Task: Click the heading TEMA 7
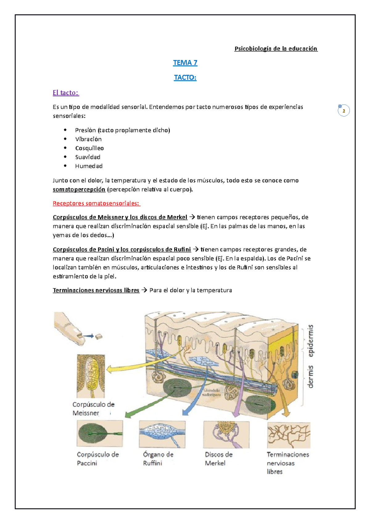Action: click(x=185, y=63)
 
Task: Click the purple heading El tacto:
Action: click(x=66, y=93)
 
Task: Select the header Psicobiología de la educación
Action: click(x=276, y=48)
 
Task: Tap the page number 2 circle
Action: click(x=343, y=111)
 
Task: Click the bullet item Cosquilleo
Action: click(x=89, y=148)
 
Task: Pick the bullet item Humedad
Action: click(x=89, y=166)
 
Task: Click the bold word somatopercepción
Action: click(x=79, y=189)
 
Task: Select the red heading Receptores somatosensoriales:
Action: click(x=96, y=203)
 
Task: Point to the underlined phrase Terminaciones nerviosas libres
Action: click(x=96, y=290)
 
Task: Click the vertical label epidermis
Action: click(x=310, y=341)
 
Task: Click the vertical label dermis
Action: click(x=310, y=376)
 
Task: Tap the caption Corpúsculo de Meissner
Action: click(x=93, y=409)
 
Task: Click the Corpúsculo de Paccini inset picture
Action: click(x=100, y=433)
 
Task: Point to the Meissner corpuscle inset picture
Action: click(x=91, y=376)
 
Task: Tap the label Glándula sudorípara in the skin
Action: click(x=212, y=393)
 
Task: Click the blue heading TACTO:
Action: click(x=185, y=77)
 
